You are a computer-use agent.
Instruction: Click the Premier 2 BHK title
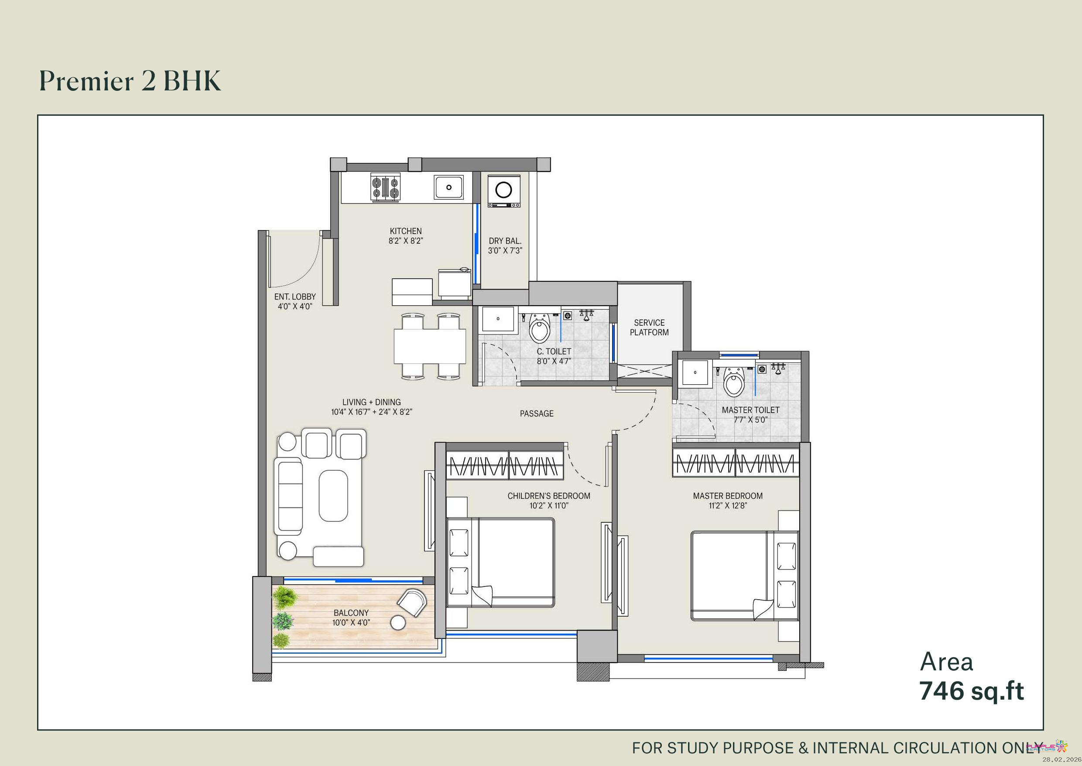[x=130, y=81]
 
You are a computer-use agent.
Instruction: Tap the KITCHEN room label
[x=406, y=231]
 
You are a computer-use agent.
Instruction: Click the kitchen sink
[x=449, y=187]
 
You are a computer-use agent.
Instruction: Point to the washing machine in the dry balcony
[x=504, y=191]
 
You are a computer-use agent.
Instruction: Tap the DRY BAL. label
[x=505, y=241]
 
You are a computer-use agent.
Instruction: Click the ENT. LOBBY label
[x=295, y=297]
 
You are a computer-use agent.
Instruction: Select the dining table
[x=430, y=346]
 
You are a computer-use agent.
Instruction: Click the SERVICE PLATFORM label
[x=649, y=328]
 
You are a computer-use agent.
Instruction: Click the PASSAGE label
[x=537, y=414]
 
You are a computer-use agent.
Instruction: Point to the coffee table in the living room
[x=333, y=495]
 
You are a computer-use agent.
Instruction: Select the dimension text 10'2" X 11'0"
[x=549, y=506]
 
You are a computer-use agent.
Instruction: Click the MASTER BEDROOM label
[x=728, y=496]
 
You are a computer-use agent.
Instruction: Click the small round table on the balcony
[x=398, y=623]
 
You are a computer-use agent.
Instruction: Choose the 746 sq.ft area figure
[x=972, y=691]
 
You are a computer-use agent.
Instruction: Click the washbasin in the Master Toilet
[x=695, y=373]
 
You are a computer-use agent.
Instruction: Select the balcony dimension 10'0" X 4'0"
[x=351, y=623]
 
